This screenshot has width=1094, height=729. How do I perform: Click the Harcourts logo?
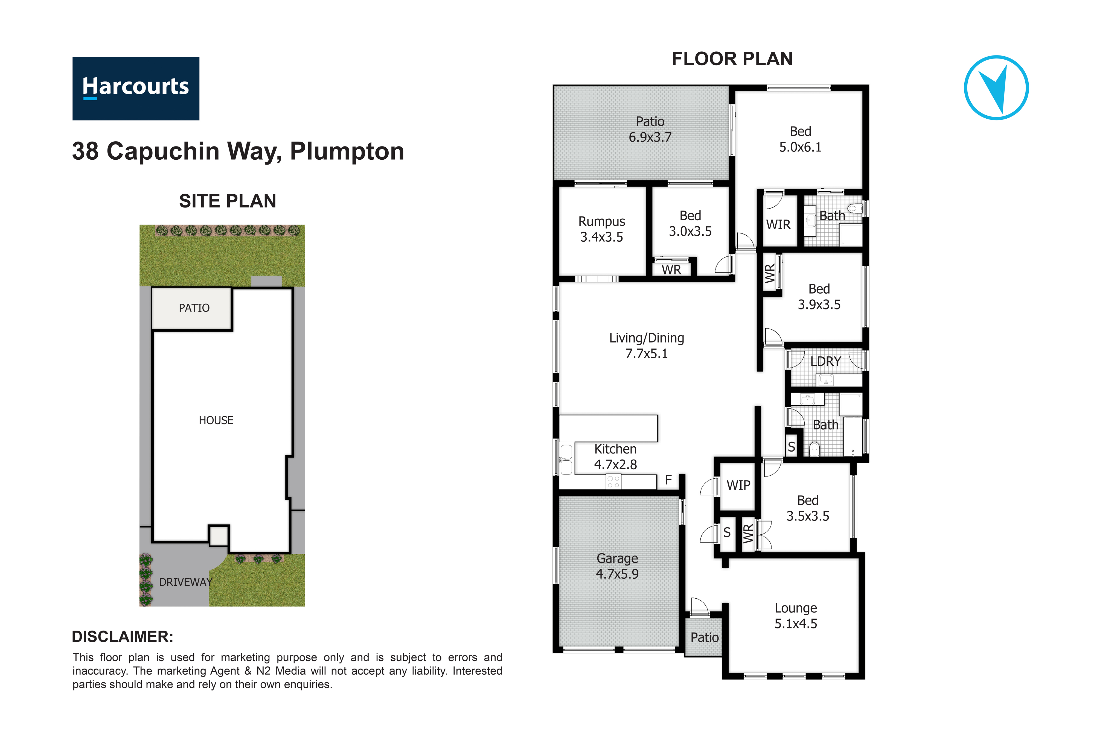pos(136,89)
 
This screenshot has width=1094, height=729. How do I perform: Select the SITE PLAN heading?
pos(228,201)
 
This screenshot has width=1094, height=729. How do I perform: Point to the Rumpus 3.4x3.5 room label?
pos(601,229)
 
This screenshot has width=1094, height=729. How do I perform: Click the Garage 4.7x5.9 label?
pos(617,566)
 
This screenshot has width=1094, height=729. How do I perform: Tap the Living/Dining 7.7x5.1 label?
pos(647,346)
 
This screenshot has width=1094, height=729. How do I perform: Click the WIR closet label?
pos(778,225)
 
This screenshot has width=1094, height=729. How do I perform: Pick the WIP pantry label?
pos(738,485)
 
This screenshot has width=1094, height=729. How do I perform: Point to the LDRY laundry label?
pos(826,361)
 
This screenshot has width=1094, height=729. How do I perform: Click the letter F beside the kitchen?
pos(668,480)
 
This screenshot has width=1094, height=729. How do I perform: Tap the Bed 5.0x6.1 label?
pos(800,139)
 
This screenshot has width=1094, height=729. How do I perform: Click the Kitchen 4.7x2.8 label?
pos(615,456)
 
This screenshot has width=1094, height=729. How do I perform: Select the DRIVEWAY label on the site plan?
pos(186,582)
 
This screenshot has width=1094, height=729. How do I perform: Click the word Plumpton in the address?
pos(347,151)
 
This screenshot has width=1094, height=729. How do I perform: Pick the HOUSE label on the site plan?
pos(216,420)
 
